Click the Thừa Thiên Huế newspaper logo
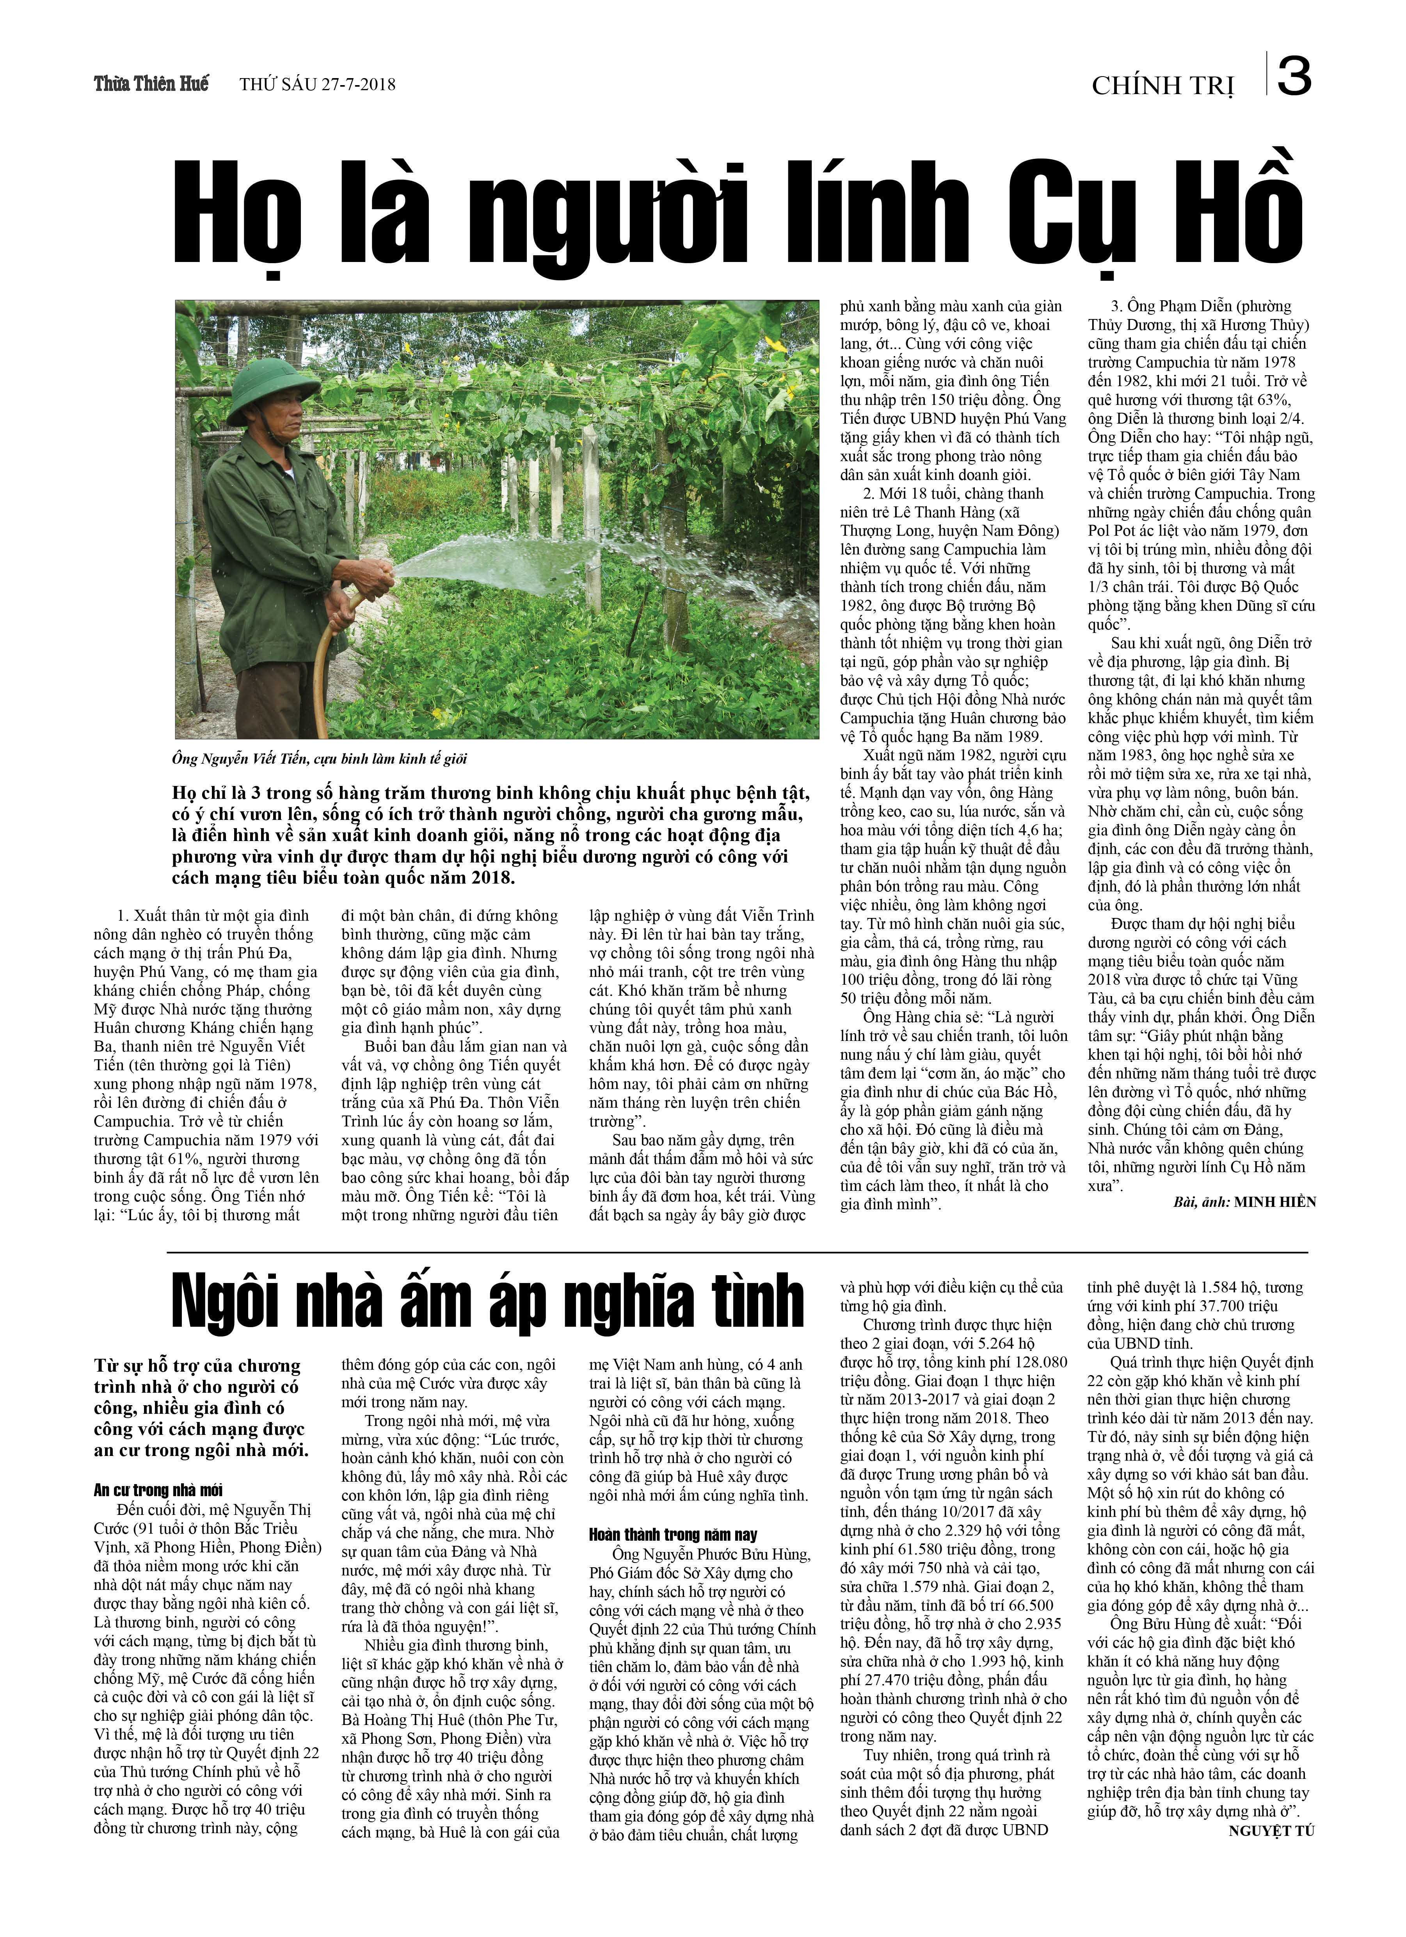click(x=151, y=84)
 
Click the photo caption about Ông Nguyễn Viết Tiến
click(x=319, y=758)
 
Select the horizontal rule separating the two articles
click(x=738, y=1252)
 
